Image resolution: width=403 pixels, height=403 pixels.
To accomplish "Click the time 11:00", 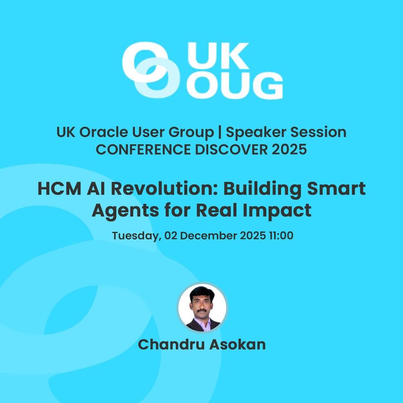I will pyautogui.click(x=281, y=235).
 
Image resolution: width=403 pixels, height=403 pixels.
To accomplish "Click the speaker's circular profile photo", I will pyautogui.click(x=203, y=307).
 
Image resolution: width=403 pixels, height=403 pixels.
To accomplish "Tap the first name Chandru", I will pyautogui.click(x=170, y=345).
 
